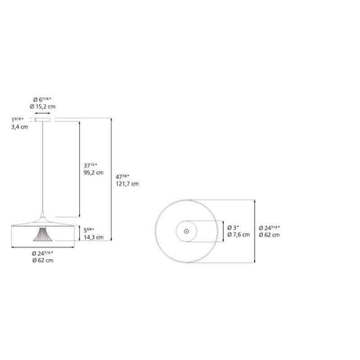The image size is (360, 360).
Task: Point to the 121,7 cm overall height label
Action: tap(129, 184)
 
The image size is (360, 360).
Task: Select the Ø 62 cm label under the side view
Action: tap(42, 261)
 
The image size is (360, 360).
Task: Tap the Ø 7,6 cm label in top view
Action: tap(240, 235)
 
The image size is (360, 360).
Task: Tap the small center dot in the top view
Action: tap(186, 231)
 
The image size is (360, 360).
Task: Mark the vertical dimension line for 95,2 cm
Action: tap(78, 168)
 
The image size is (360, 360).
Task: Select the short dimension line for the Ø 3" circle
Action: tap(221, 231)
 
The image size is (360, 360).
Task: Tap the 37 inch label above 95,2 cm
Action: tap(91, 166)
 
